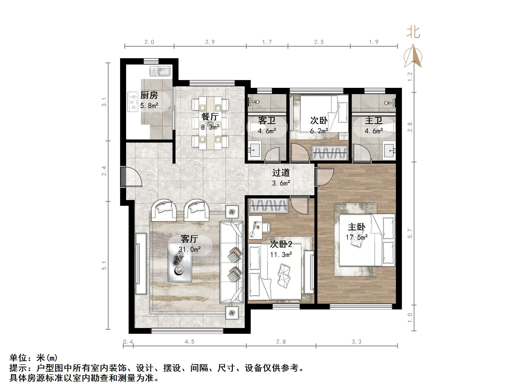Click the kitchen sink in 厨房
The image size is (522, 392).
160,71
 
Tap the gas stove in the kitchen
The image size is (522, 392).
133,102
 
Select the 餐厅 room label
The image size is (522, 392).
210,117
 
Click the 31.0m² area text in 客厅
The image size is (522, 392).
190,249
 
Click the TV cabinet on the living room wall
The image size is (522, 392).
141,264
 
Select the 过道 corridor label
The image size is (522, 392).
281,173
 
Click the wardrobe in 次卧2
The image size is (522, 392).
268,205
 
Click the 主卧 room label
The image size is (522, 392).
356,227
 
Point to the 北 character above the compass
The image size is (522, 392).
413,33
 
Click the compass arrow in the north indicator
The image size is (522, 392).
413,56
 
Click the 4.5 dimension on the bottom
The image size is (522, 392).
189,342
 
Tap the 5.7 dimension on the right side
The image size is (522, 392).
410,233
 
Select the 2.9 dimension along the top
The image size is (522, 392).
210,42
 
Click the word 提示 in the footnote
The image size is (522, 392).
18,368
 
